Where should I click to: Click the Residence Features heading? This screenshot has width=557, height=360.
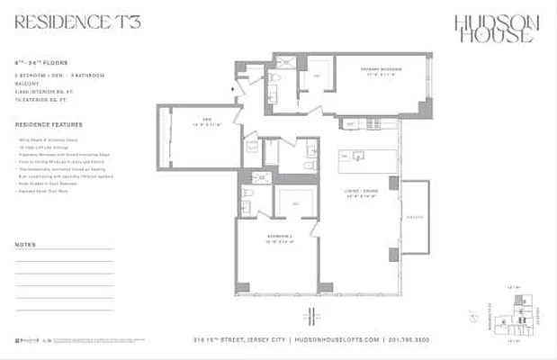(x=49, y=124)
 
